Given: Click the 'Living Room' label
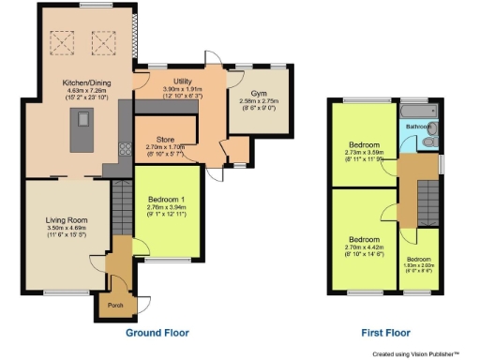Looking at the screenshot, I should click(x=67, y=221).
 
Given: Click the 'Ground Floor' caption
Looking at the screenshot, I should click(x=157, y=333).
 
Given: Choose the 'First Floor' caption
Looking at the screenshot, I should click(x=385, y=333).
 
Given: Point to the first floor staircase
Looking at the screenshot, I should click(x=428, y=198).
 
